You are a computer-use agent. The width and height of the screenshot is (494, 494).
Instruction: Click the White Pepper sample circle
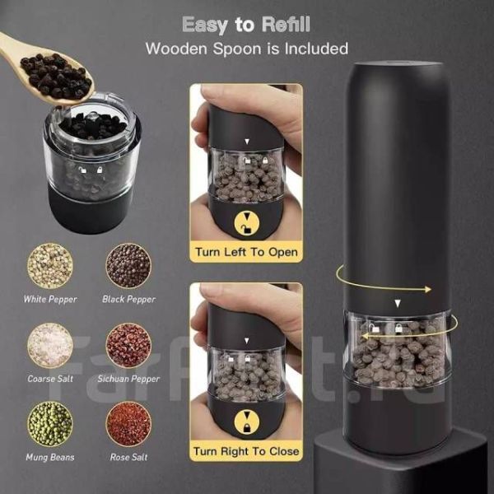pos(50,266)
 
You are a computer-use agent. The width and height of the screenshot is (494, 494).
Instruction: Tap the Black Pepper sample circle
pos(128,266)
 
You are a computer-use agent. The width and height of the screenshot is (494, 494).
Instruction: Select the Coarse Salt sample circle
pos(50,346)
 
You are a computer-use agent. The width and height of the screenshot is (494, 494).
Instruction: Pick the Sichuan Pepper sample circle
pos(128,346)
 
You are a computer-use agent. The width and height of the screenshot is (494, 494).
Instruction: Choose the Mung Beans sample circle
pos(50,424)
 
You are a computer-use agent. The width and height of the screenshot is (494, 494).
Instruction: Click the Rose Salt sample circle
pos(128,424)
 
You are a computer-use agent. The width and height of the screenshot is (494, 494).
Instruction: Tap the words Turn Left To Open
pos(246,252)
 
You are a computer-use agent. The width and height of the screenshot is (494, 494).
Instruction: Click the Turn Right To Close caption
pos(246,451)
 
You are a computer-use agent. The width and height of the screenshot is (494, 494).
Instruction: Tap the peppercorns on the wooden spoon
pos(56,75)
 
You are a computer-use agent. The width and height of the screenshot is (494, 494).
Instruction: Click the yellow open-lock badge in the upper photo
pos(247,223)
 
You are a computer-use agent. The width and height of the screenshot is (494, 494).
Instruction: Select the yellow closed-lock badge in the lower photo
pos(247,422)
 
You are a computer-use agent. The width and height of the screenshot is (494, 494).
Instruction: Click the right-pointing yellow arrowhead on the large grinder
pos(427,290)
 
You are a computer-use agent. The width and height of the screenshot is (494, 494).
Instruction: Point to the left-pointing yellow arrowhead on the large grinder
pos(366,337)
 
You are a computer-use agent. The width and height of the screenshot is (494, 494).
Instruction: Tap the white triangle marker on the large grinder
pos(398,303)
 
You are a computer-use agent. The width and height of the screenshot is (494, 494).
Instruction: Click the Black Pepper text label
pos(129,300)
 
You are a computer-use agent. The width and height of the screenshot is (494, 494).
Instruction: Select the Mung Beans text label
pos(50,457)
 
